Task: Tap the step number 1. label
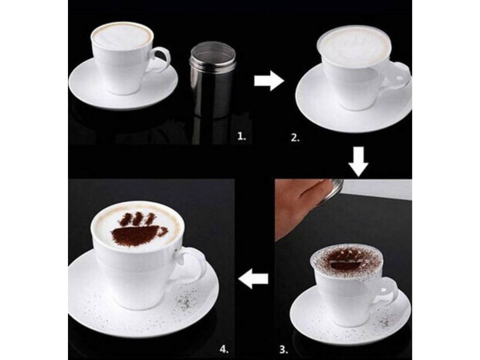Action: [242, 137]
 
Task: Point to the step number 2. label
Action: [295, 138]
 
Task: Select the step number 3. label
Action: [284, 349]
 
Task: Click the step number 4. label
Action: [224, 349]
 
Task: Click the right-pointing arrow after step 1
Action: [269, 81]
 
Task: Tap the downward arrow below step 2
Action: [358, 161]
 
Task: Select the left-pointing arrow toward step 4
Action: [254, 279]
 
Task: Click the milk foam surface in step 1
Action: [122, 36]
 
